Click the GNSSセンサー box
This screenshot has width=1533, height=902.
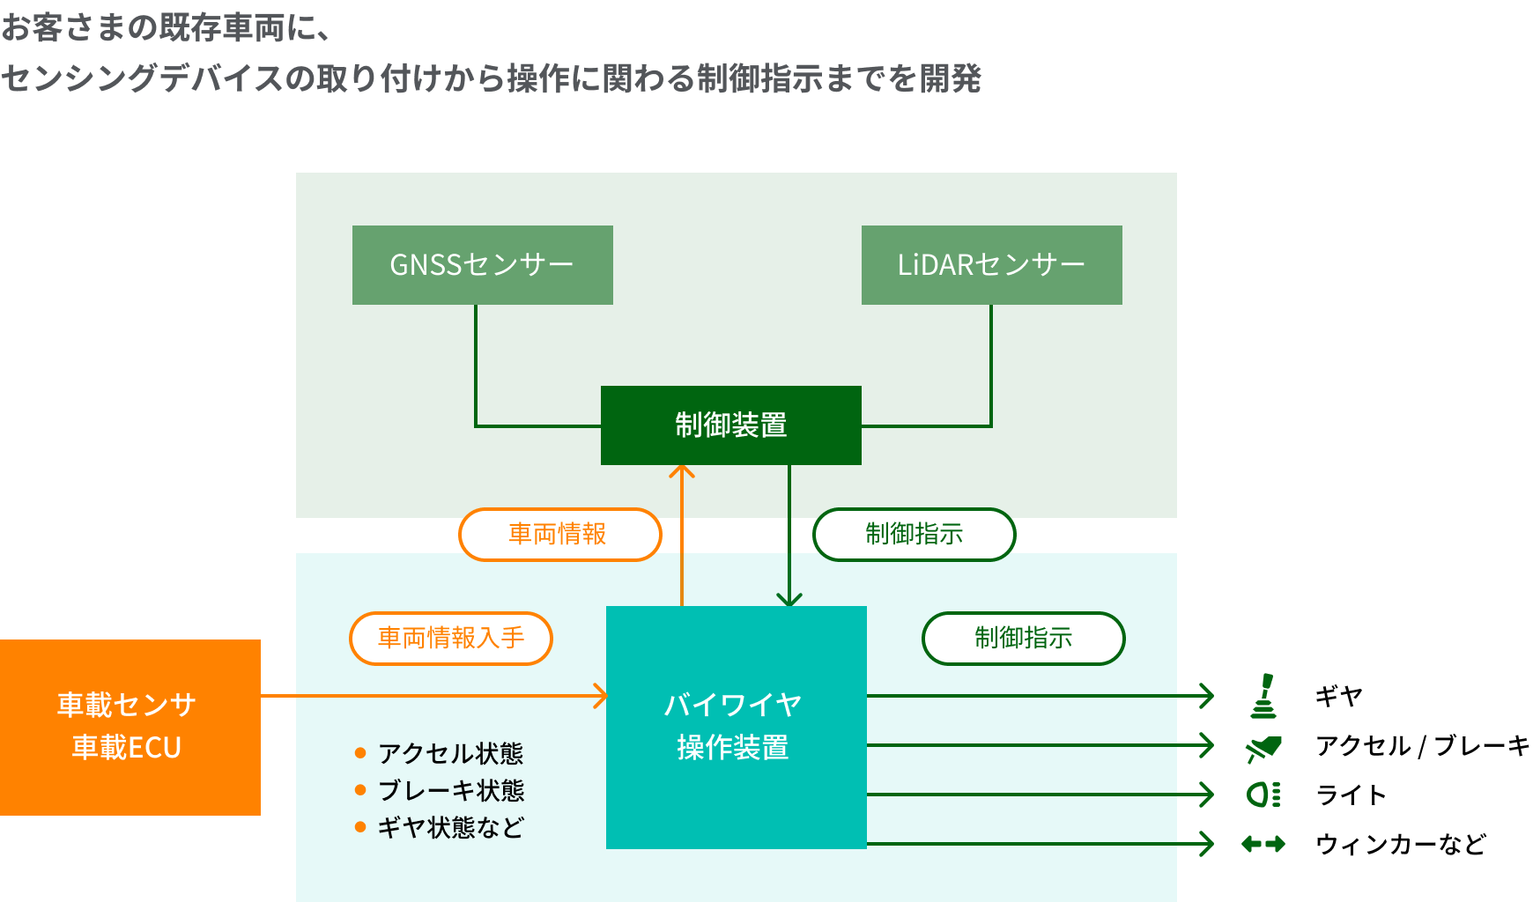(482, 265)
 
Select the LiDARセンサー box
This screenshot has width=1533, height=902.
(991, 265)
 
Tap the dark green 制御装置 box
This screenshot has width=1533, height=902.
(730, 425)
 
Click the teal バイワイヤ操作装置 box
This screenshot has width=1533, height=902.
(736, 727)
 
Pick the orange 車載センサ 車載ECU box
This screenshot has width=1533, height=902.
(130, 727)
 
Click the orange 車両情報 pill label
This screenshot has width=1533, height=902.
(559, 534)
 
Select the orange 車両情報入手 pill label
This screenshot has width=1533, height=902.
(450, 638)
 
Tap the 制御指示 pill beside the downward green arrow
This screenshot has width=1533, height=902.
(914, 534)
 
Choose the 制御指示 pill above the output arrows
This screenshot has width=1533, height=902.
(1023, 638)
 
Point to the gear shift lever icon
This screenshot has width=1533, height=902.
(1264, 696)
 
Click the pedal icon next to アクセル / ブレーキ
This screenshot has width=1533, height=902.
(1263, 748)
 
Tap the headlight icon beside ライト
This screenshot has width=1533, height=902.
(1263, 795)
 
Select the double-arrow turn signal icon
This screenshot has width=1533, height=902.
(1263, 844)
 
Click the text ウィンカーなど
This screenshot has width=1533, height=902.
(1400, 844)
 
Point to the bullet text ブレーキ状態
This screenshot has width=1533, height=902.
(450, 790)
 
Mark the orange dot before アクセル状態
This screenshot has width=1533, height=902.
(360, 752)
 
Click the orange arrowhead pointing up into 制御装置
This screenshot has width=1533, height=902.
(682, 471)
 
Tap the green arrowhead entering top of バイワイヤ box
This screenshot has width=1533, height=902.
(789, 600)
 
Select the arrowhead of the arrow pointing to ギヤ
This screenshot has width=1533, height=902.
(1208, 696)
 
